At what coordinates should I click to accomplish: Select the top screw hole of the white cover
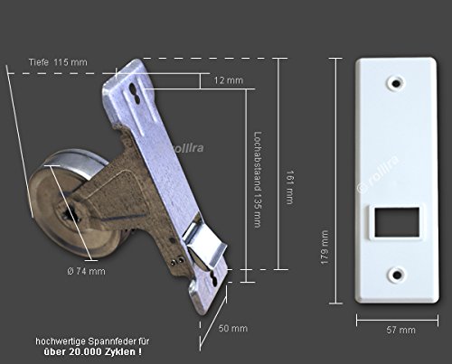[395, 83]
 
